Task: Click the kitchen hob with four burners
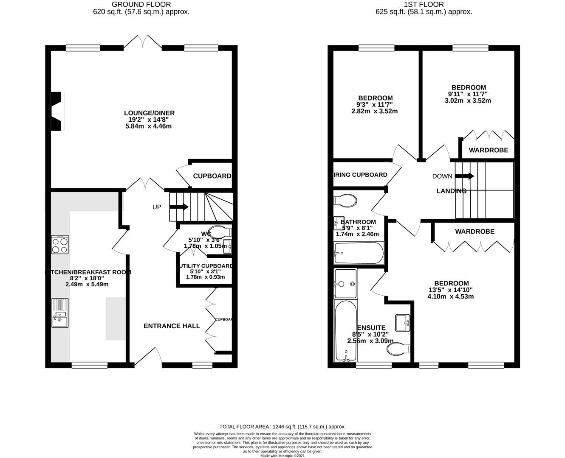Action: point(60,245)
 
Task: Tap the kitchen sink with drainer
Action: point(60,313)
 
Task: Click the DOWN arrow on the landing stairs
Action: point(465,176)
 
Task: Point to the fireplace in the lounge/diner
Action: point(57,112)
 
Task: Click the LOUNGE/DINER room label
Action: point(149,113)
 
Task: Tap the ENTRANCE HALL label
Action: point(172,326)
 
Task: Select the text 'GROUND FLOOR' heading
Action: point(141,5)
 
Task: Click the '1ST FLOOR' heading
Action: point(424,5)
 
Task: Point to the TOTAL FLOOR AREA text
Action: point(282,427)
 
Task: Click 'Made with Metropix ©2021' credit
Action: point(282,456)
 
